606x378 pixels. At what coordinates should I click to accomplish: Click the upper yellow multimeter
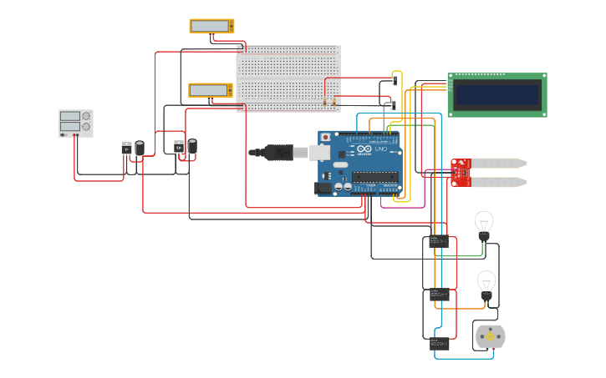211,26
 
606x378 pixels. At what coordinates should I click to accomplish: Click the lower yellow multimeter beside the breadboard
211,90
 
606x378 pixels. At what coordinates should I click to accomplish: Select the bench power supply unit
75,123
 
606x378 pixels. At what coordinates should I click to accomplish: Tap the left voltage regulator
126,149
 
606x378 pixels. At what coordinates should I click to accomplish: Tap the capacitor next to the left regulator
140,148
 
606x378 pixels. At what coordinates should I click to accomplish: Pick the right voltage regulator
179,148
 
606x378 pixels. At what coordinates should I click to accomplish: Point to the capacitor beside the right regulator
192,147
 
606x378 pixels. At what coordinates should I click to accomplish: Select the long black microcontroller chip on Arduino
374,176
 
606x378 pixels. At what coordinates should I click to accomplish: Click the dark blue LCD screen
497,94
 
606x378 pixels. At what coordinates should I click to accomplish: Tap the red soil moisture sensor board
461,172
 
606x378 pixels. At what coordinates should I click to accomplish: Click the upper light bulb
484,224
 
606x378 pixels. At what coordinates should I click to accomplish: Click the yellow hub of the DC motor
490,337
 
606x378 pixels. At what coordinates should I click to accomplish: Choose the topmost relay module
438,242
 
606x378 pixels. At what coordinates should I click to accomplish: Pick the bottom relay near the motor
439,343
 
